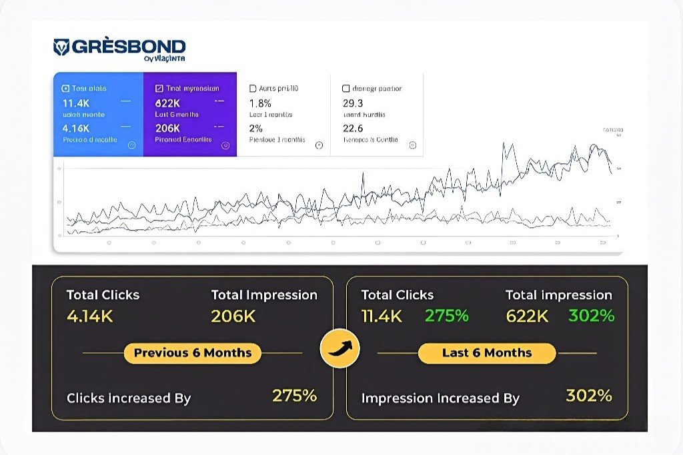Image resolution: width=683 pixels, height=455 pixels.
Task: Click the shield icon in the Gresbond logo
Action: click(x=61, y=47)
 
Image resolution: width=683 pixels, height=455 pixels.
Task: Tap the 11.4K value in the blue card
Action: click(x=76, y=103)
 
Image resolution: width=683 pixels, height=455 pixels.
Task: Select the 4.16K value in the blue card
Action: click(x=76, y=128)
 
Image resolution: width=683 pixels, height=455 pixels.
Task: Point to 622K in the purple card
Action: click(x=167, y=103)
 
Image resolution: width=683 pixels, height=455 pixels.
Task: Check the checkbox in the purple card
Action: click(x=159, y=88)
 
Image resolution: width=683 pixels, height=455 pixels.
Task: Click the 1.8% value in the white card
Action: click(x=260, y=103)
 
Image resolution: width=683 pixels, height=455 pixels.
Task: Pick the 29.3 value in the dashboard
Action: click(x=353, y=103)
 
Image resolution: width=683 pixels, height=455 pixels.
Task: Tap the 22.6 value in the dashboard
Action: click(x=353, y=128)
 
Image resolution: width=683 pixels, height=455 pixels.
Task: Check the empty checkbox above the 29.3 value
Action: click(x=346, y=88)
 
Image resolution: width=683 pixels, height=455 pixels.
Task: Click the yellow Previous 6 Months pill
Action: click(x=193, y=353)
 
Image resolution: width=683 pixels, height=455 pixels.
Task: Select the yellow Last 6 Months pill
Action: click(x=487, y=353)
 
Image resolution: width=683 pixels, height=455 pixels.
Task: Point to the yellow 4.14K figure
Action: click(x=90, y=316)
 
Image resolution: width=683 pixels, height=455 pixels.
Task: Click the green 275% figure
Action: click(x=447, y=316)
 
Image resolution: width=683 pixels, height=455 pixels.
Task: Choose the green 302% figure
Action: click(x=591, y=316)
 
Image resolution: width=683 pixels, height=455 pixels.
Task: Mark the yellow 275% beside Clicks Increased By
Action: click(x=294, y=396)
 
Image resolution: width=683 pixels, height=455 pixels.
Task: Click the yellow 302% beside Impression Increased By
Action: click(x=588, y=396)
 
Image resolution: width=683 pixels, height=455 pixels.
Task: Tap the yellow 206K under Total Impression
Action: click(x=233, y=316)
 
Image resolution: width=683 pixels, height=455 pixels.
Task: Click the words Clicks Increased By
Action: click(x=129, y=398)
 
